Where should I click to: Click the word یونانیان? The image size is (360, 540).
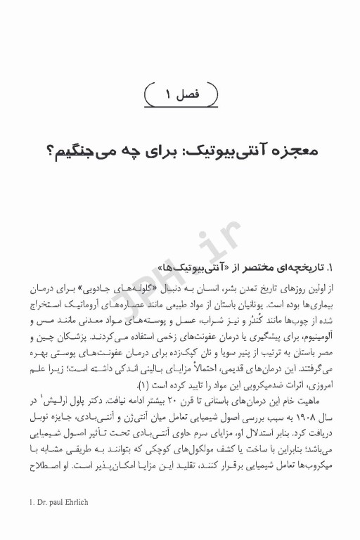pyautogui.click(x=257, y=306)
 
